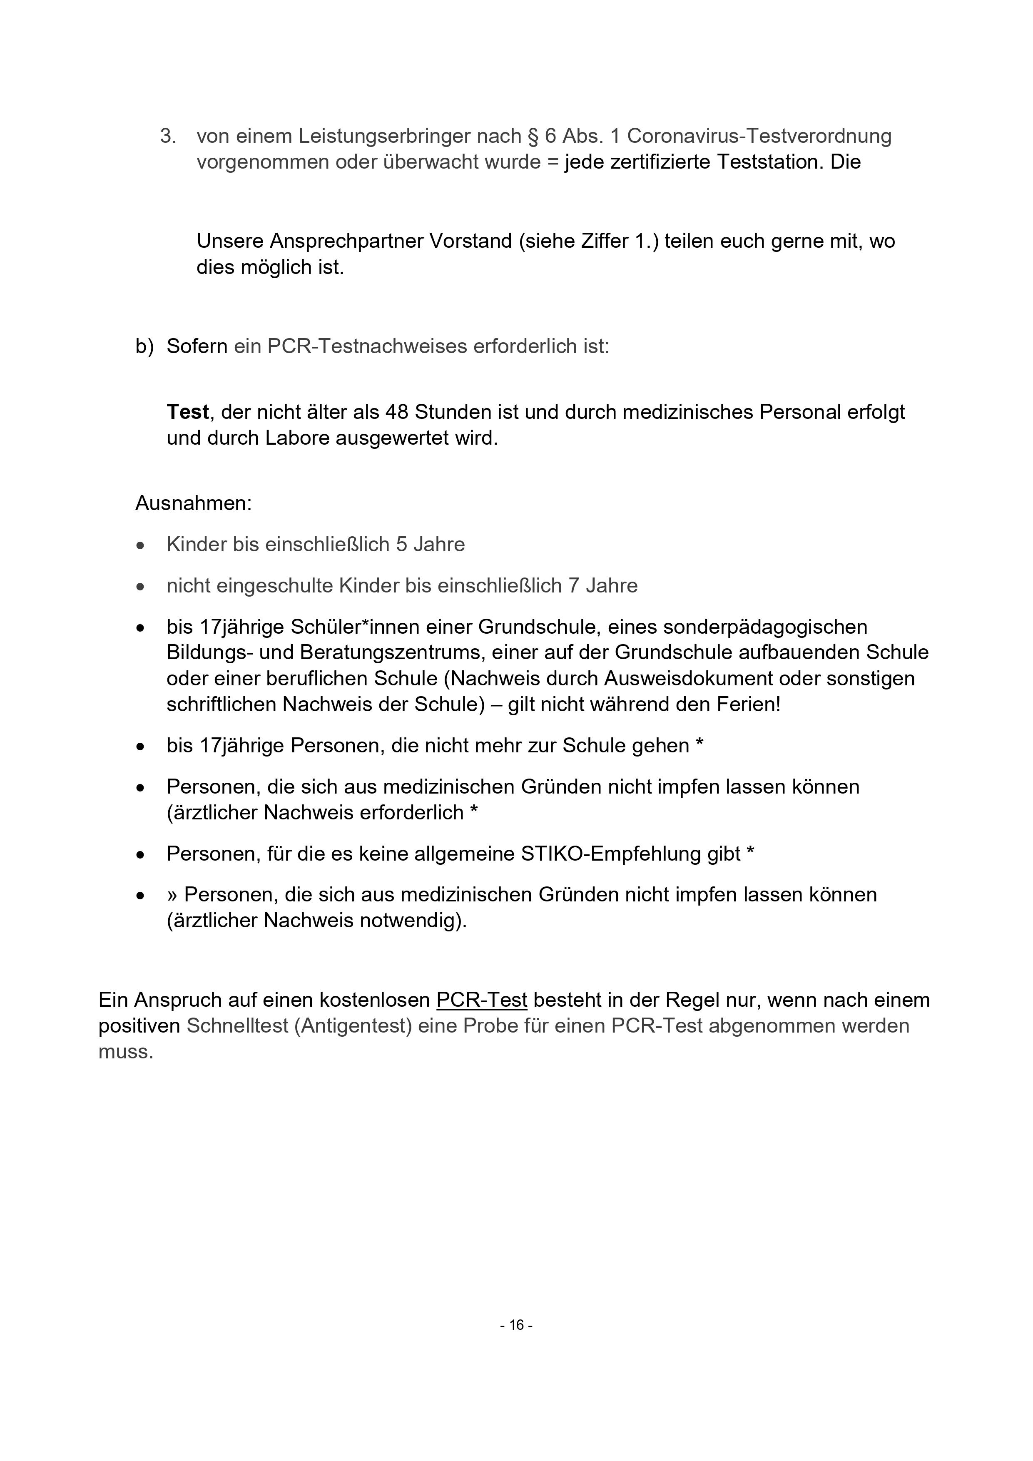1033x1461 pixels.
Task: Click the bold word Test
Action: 188,412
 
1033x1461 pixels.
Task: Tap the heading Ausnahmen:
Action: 194,503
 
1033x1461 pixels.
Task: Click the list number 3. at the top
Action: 168,136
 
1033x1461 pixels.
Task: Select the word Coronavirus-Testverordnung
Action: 759,136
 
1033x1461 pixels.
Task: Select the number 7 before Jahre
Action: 573,585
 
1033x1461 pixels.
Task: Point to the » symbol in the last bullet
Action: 172,895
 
